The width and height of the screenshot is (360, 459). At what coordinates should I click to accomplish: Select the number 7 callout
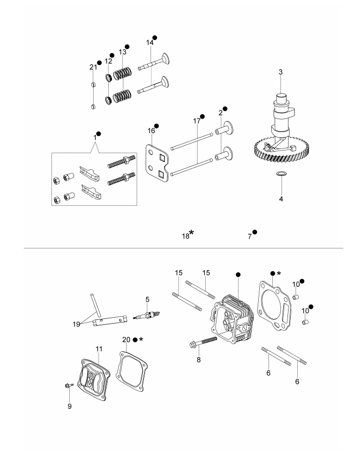[x=249, y=236]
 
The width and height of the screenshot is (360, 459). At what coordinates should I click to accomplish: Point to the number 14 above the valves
[x=149, y=42]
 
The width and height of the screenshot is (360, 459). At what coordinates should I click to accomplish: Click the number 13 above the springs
[x=122, y=51]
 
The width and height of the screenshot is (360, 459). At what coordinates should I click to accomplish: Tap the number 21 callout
[x=93, y=67]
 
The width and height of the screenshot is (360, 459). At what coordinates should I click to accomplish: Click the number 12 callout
[x=108, y=61]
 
